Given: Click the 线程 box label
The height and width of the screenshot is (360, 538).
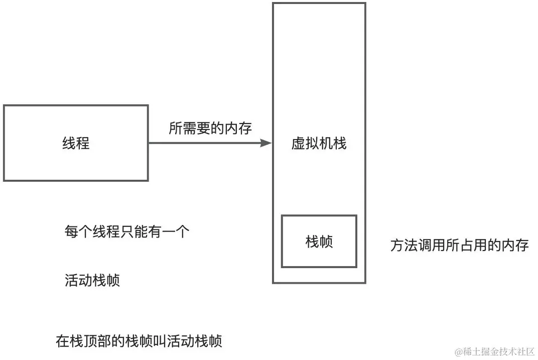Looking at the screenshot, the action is [76, 144].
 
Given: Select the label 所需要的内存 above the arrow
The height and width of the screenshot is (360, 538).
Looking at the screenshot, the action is [210, 128].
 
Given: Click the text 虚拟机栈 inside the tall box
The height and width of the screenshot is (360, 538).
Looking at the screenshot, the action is [319, 144].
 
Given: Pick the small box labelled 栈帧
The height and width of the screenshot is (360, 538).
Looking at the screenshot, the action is [319, 242].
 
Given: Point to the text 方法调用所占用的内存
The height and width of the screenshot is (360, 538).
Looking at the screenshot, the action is [460, 246].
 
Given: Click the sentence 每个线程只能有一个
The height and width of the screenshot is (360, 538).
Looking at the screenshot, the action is [127, 232].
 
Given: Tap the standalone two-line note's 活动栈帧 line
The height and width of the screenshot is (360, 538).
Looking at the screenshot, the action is [92, 280].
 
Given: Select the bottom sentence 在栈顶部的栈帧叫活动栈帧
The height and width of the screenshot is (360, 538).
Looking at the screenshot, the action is [139, 341].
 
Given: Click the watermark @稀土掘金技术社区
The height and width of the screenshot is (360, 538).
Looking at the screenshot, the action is [494, 350].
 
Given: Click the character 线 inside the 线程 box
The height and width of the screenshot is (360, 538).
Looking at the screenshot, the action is [69, 144].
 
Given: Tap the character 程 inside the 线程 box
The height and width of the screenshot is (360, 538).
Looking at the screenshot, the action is [83, 144].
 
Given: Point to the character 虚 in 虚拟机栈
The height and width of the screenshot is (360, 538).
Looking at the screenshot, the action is [298, 144].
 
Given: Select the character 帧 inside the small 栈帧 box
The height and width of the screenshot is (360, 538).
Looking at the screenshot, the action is [326, 242].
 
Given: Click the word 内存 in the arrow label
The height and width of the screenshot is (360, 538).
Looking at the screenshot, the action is [238, 128].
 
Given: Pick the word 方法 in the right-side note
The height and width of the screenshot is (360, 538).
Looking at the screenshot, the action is [404, 246].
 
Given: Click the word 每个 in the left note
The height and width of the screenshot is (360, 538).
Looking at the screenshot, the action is [78, 232].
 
